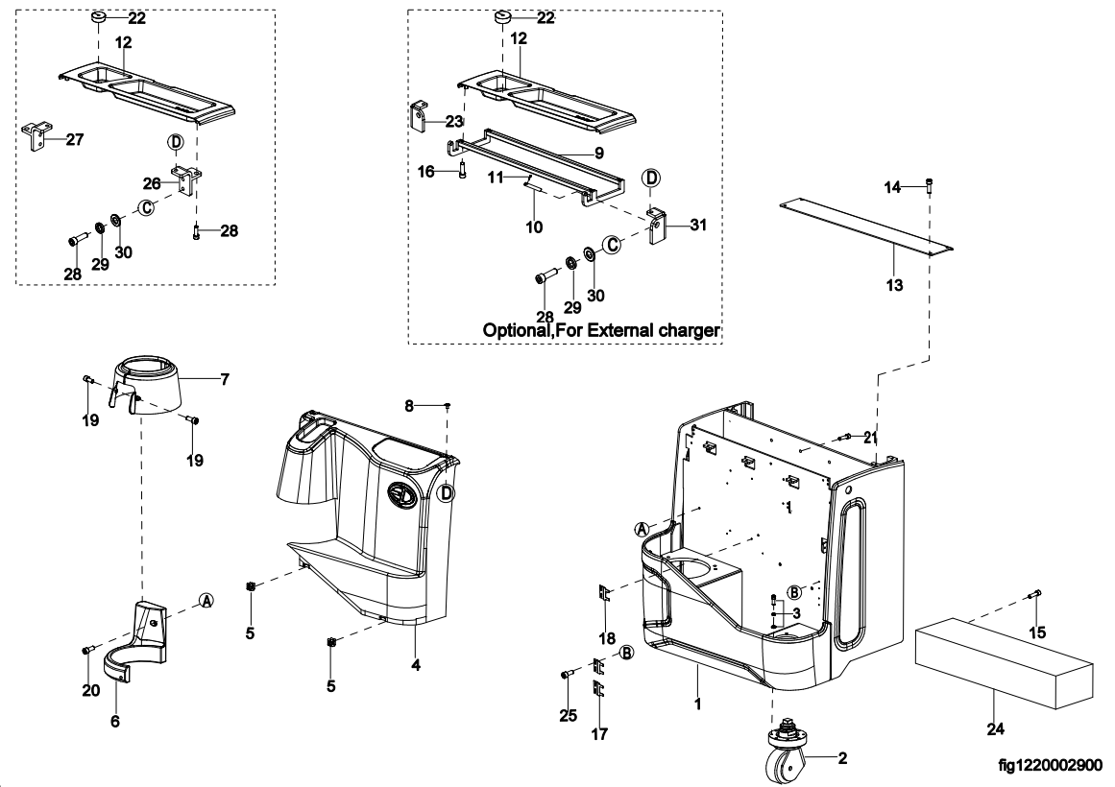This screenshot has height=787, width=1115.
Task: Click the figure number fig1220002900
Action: pyautogui.click(x=1050, y=765)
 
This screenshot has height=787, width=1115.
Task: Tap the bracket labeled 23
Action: pyautogui.click(x=421, y=115)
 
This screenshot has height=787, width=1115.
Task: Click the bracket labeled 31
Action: pyautogui.click(x=659, y=227)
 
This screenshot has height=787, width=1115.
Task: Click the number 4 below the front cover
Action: pyautogui.click(x=416, y=665)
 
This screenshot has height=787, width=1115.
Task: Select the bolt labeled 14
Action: pyautogui.click(x=930, y=185)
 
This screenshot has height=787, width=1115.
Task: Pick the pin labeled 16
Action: pyautogui.click(x=462, y=172)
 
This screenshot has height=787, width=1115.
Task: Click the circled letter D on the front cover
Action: pyautogui.click(x=446, y=492)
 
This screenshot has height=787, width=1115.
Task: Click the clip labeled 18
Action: pyautogui.click(x=604, y=593)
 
